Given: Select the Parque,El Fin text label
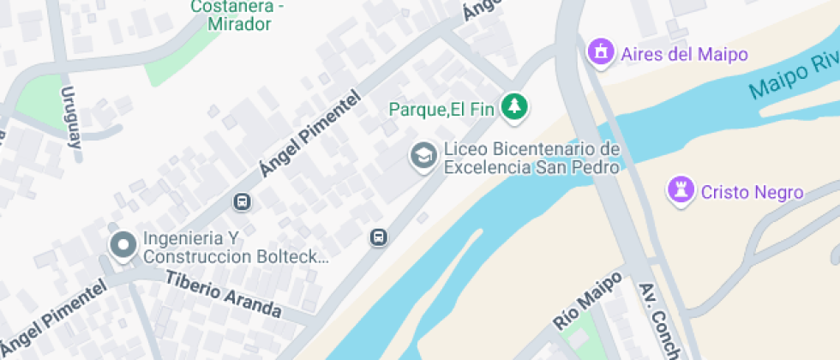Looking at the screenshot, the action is pos(442,109).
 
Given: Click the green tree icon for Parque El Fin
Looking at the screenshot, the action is pos(514,106).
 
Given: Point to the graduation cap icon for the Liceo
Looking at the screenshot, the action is pos(423,157).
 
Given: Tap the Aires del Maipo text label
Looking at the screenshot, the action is pos(684,54).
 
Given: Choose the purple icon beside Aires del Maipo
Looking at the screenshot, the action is pos(601,51).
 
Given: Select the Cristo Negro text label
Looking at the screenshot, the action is pos(752,192).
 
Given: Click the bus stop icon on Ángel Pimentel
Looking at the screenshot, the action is pos(242,202).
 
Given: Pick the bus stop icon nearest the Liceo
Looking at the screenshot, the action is pos(378,237).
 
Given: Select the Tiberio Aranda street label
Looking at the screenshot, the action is pos(223,294).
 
